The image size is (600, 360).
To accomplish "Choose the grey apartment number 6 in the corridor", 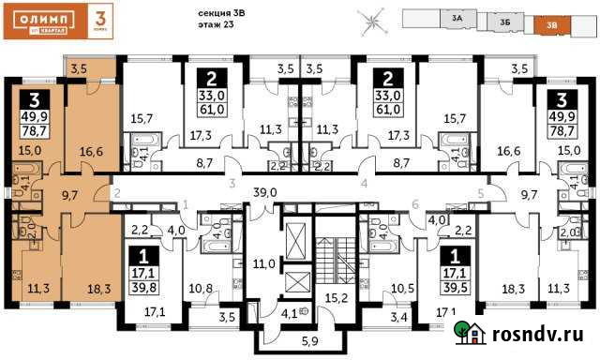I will [x=415, y=204].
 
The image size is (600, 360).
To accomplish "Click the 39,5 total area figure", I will [x=457, y=287].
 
